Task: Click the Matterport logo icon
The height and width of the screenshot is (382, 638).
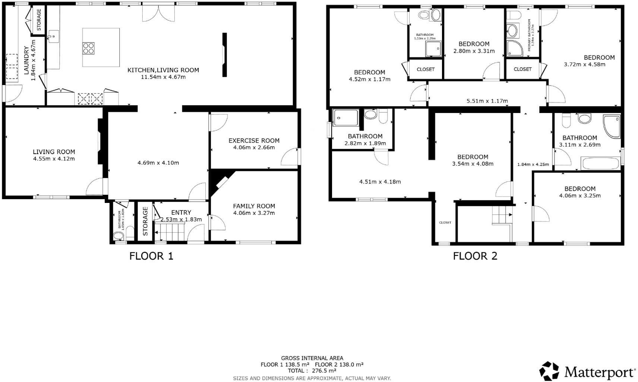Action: (549, 371)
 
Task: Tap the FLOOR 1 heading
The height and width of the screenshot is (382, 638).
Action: (151, 256)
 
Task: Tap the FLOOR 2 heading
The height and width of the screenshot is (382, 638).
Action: (475, 256)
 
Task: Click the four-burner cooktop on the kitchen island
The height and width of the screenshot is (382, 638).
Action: (88, 48)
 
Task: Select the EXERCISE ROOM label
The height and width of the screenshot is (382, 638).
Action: (254, 141)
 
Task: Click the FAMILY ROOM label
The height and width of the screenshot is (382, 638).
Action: (254, 206)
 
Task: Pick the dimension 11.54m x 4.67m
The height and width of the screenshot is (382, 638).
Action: (163, 77)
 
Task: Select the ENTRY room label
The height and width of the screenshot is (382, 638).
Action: (181, 213)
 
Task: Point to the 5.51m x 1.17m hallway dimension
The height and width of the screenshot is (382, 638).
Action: (487, 101)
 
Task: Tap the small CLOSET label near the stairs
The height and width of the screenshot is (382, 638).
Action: (445, 222)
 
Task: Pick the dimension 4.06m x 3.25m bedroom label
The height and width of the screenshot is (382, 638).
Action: (579, 195)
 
